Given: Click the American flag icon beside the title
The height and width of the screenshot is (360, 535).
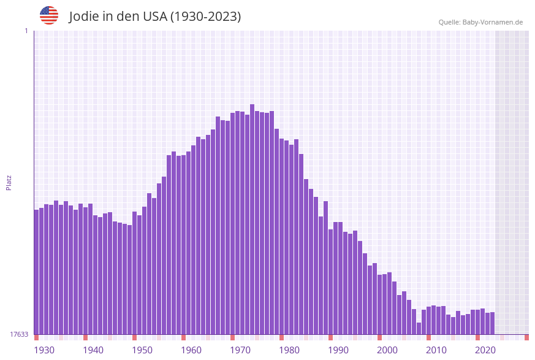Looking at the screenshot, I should click(49, 15).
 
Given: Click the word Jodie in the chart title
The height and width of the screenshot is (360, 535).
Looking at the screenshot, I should click(84, 17).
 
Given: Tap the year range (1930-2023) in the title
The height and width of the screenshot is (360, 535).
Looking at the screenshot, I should click(205, 17).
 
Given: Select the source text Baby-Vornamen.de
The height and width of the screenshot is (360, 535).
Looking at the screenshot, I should click(493, 22).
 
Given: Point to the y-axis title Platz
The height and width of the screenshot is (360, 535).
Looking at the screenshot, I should click(9, 182).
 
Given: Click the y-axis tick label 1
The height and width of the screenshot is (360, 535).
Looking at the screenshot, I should click(26, 31).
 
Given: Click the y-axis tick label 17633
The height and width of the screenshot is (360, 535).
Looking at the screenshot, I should click(19, 334).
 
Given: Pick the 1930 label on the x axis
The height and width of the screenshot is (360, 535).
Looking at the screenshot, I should click(44, 350).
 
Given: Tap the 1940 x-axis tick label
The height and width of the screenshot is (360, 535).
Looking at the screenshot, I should click(93, 350).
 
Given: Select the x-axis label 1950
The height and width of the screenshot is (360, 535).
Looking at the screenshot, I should click(142, 350).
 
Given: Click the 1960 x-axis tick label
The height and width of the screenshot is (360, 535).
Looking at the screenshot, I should click(191, 350).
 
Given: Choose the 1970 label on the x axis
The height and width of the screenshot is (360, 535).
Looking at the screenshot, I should click(240, 350).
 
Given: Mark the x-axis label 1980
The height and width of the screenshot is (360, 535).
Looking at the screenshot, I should click(289, 350).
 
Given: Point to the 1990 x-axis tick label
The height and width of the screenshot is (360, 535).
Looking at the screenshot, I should click(338, 350).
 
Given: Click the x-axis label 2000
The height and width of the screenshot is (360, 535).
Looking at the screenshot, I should click(387, 350).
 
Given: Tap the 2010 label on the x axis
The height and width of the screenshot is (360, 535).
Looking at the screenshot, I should click(436, 350).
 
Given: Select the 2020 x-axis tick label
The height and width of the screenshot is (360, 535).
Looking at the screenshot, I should click(485, 350).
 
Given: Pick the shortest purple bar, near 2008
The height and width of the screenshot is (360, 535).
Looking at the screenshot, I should click(419, 329).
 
